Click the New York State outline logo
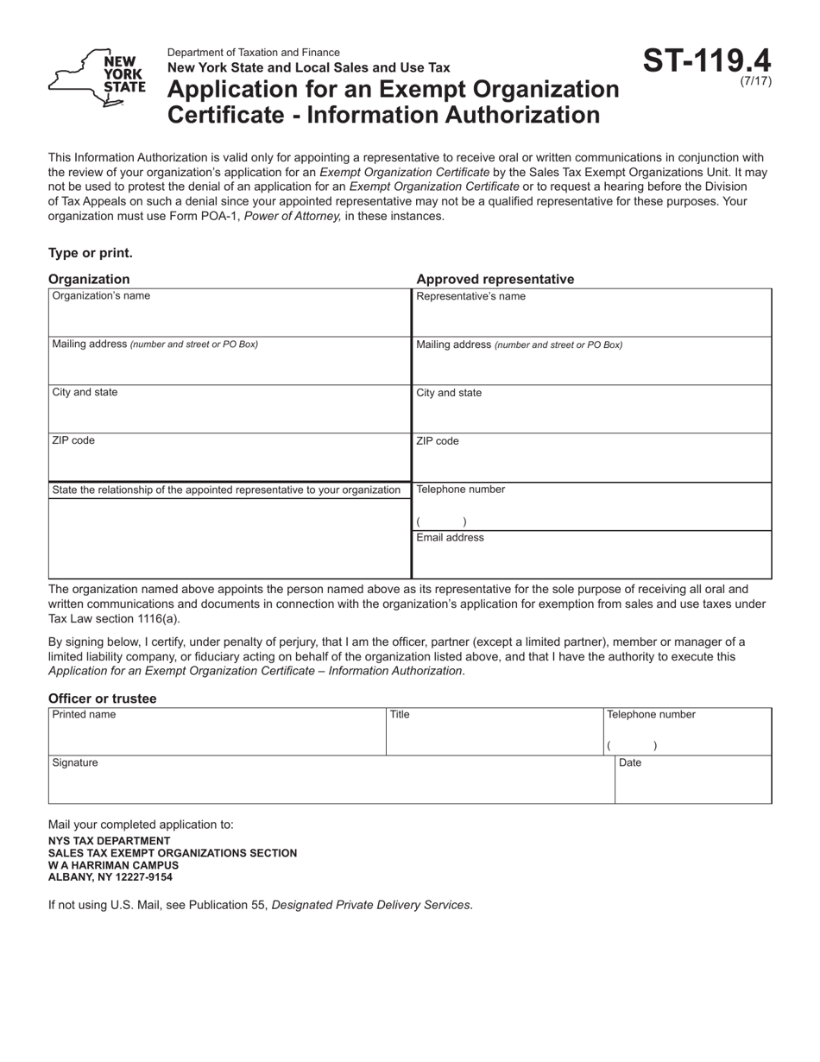pyautogui.click(x=97, y=78)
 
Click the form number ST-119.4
pyautogui.click(x=707, y=61)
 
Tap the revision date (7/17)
pyautogui.click(x=756, y=82)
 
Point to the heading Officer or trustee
pyautogui.click(x=103, y=699)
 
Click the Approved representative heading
pyautogui.click(x=495, y=279)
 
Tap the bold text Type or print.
pyautogui.click(x=91, y=253)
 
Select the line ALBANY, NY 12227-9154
pyautogui.click(x=110, y=877)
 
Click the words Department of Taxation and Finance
pyautogui.click(x=254, y=53)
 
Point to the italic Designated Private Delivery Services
pyautogui.click(x=371, y=905)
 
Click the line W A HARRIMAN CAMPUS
pyautogui.click(x=114, y=865)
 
